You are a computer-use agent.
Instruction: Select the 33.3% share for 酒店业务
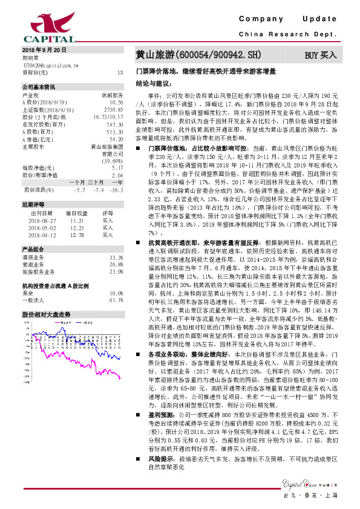point(116,258)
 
